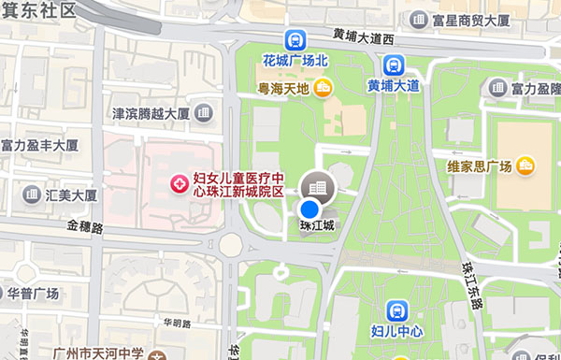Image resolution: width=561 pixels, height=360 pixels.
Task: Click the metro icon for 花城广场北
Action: (295, 39)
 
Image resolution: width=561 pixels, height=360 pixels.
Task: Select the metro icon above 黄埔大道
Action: (392, 65)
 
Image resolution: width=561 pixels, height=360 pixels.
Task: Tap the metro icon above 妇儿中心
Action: (397, 311)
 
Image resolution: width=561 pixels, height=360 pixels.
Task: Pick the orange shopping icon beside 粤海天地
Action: (323, 89)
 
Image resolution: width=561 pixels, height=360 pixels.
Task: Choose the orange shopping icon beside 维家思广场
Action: (525, 166)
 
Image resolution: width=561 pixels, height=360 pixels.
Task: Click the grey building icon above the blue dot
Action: (317, 187)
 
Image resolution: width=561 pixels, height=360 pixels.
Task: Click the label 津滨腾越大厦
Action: (151, 114)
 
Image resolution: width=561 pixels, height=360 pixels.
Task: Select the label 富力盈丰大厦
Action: (39, 146)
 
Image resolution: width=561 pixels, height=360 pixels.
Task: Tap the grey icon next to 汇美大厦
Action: (30, 195)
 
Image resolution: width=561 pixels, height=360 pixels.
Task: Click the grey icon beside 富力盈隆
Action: (496, 89)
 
